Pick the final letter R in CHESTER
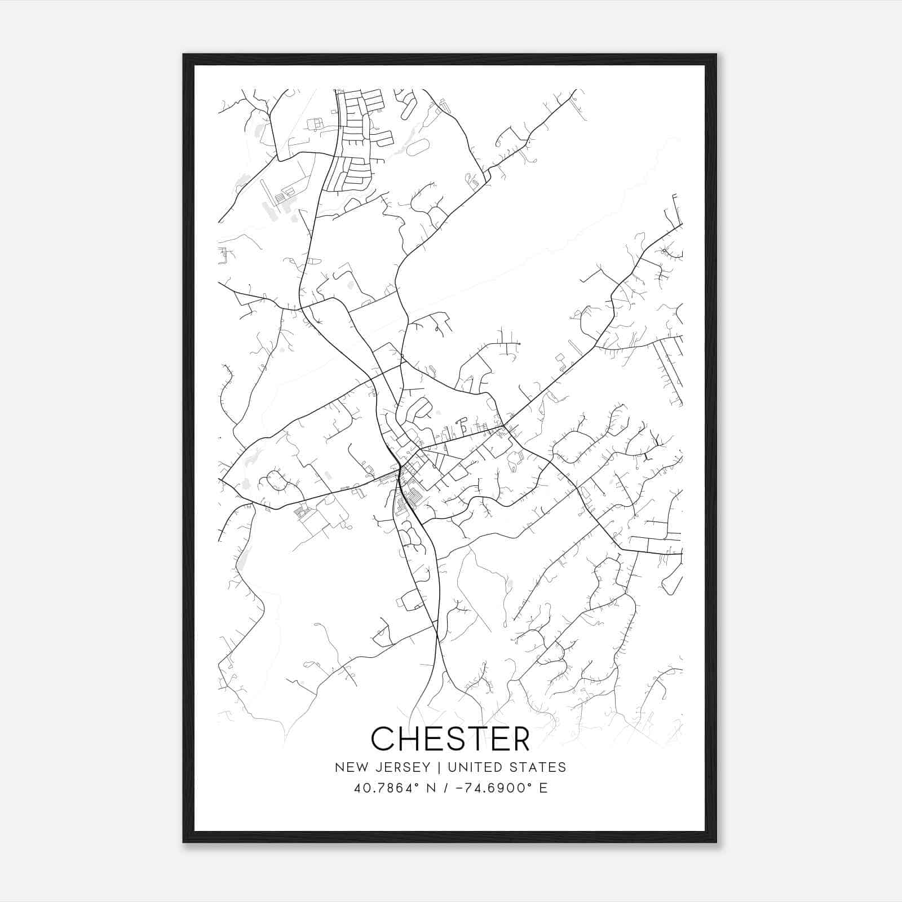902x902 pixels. pos(520,739)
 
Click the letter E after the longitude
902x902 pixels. pos(543,788)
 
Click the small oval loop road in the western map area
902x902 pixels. pos(275,481)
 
